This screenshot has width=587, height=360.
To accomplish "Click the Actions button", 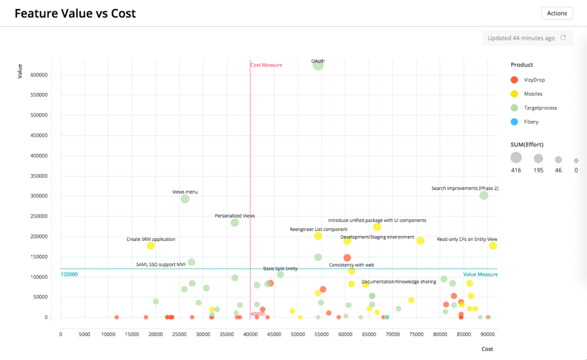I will [x=556, y=13].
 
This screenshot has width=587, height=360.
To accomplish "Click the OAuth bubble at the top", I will [x=318, y=64].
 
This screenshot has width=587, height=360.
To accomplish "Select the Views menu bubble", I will [x=185, y=199].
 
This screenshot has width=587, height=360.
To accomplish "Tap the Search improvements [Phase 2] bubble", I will [x=484, y=196].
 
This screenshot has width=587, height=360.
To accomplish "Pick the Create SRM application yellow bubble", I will [x=150, y=246].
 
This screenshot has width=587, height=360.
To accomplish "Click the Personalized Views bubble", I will [x=235, y=222].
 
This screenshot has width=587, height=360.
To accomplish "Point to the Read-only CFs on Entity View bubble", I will [x=493, y=246].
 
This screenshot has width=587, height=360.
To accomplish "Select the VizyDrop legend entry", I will [x=530, y=80].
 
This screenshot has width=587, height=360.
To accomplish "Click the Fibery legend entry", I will [x=526, y=122].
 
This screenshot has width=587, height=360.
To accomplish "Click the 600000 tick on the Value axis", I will [x=38, y=75].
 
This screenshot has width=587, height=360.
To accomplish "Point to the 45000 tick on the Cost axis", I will [x=273, y=334].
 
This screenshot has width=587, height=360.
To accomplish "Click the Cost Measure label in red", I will [x=267, y=65].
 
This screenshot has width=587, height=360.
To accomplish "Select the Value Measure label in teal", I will [x=480, y=274].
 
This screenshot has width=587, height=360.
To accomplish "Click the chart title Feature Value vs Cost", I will [x=75, y=13].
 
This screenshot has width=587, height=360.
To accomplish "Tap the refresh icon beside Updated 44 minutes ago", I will [x=563, y=38].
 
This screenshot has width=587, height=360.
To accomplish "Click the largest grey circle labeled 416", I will [x=516, y=158].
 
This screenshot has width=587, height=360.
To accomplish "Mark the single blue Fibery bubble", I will [x=387, y=317].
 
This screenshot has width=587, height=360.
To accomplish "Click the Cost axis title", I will [x=487, y=349].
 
